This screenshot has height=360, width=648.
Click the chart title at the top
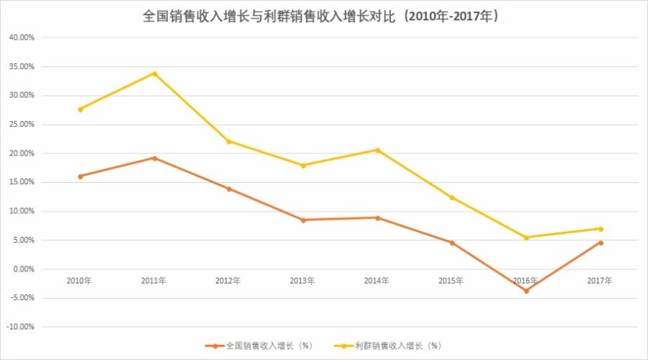tap(323, 16)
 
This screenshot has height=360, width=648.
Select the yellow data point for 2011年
tap(154, 73)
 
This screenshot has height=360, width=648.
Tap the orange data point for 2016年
tap(526, 291)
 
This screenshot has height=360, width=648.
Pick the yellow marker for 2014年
tap(377, 150)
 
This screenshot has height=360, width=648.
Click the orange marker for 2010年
tap(80, 176)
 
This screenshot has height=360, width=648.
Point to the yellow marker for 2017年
tap(600, 229)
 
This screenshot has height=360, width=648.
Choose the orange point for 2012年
tap(228, 189)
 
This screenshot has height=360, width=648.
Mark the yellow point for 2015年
tap(451, 197)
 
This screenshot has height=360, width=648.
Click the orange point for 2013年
tap(302, 220)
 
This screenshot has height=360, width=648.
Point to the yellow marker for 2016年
tap(526, 238)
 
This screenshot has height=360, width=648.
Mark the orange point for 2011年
tap(154, 158)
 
